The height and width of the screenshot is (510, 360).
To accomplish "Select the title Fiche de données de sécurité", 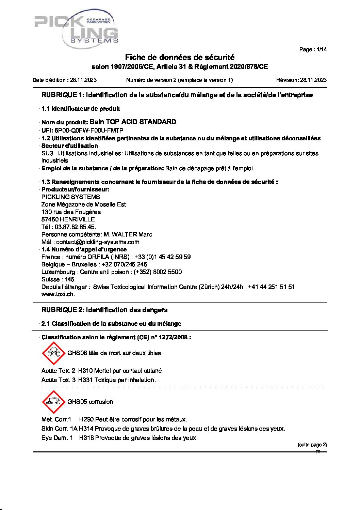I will click(180, 58).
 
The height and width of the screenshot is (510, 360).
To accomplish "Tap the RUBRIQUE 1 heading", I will click(177, 95).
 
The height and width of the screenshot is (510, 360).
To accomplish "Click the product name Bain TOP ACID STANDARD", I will click(133, 122).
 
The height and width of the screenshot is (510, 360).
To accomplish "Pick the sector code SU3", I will click(47, 153).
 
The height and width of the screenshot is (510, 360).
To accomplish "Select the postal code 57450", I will click(50, 219).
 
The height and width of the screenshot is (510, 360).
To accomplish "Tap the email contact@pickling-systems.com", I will click(98, 242).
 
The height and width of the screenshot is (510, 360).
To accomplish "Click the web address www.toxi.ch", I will click(58, 294).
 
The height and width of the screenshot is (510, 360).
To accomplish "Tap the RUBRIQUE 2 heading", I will click(104, 310).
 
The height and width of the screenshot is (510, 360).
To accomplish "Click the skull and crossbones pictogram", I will click(53, 353).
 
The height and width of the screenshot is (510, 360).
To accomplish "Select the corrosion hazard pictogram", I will click(53, 402).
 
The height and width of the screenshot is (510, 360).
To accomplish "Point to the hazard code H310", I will click(85, 371).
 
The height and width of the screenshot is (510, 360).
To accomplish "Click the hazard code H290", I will click(86, 419).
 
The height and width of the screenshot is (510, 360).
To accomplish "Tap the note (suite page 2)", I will click(312, 445).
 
